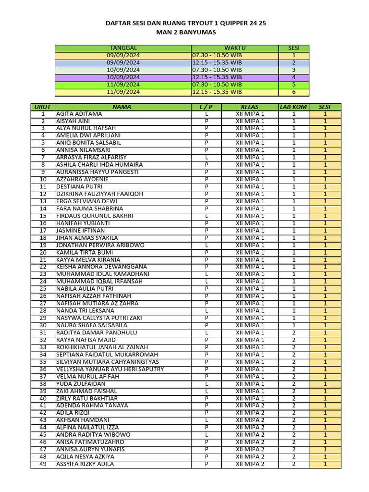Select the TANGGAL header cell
coord(123,48)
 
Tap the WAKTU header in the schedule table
coord(234,48)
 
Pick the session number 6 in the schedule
coord(294,92)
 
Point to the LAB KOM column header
coord(293,107)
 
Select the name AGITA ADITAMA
coord(79,114)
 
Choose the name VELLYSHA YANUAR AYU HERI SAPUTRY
coord(110,369)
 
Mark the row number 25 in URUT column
coord(43,289)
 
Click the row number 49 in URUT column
coord(43,464)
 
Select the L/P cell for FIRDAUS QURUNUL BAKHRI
coord(206,216)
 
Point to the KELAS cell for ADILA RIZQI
coord(250,413)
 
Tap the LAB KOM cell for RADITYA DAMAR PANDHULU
coord(293,332)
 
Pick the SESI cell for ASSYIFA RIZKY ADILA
coord(325,464)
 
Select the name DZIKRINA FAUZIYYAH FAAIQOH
coord(99,194)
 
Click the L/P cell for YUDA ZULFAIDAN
coord(206,384)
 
